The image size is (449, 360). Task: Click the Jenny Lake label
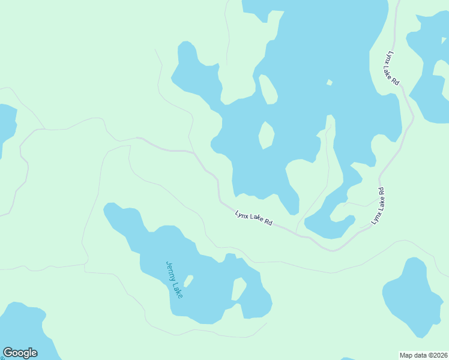tap(173, 280)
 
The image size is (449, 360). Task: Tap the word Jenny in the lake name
tap(170, 271)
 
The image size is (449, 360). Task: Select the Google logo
tap(20, 353)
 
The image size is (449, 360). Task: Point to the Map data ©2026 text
tap(423, 355)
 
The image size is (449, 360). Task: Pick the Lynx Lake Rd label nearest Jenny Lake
tap(254, 218)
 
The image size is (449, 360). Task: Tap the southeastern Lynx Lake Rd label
tap(378, 206)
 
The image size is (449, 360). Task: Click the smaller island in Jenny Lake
tap(188, 281)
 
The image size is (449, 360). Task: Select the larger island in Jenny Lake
tap(239, 289)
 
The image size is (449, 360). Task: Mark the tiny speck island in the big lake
tap(329, 82)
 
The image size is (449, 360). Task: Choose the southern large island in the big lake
tap(266, 135)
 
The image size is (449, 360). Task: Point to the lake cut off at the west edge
tap(6, 126)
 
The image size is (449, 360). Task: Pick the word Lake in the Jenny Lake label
tap(178, 289)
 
